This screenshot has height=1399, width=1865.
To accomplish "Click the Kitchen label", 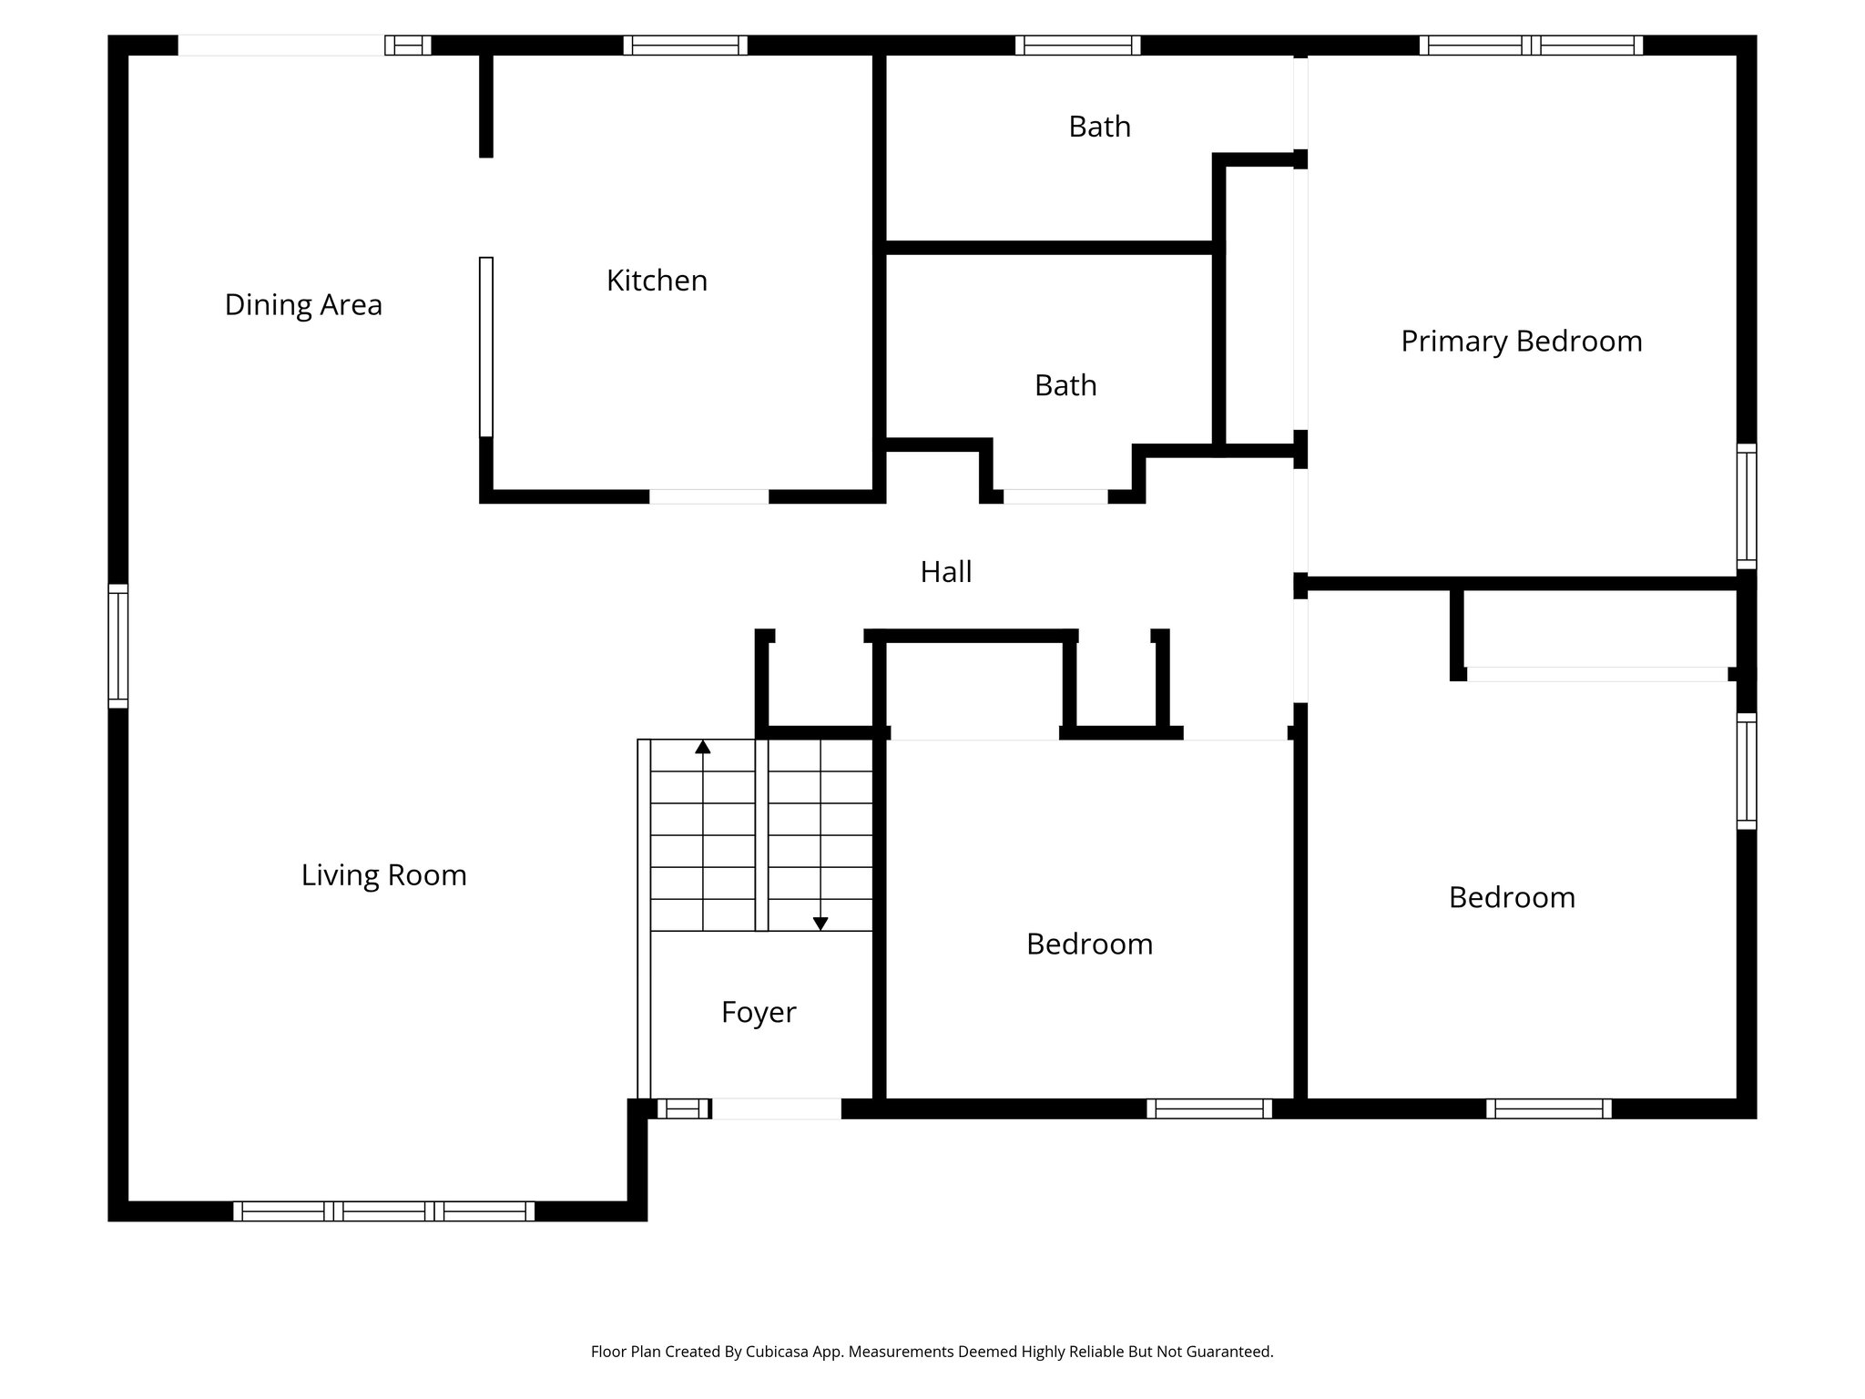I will click(657, 281).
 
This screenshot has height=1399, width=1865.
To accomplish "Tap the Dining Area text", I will click(303, 304).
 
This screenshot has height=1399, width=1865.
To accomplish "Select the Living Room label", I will click(383, 875).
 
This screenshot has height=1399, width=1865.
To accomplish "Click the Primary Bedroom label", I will click(1521, 342).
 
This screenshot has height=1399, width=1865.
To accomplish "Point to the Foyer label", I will click(759, 1012).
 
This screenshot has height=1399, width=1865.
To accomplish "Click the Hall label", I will click(945, 572).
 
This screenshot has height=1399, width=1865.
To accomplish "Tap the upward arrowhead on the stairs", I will click(702, 747).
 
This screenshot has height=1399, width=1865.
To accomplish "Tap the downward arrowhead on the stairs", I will click(820, 924).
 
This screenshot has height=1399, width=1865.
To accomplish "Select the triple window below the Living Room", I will click(383, 1211).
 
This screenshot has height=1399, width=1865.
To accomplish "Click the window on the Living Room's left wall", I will click(118, 646).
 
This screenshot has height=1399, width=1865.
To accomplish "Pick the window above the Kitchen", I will click(685, 46).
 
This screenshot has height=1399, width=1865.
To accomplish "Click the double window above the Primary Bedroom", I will click(1530, 46).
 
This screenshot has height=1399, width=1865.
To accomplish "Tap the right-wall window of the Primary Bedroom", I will click(1746, 505).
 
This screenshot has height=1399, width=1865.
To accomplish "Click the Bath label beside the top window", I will click(1099, 127).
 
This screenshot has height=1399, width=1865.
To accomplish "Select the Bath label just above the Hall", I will click(1065, 385).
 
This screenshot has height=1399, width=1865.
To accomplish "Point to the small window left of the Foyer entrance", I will click(683, 1108).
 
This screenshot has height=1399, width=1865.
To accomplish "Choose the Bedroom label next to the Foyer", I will click(1089, 944).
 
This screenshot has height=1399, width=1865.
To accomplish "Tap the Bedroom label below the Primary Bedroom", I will click(1512, 897).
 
